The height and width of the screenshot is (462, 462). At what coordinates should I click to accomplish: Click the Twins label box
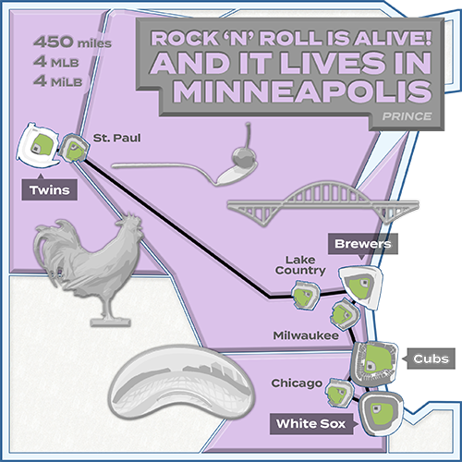[46, 191]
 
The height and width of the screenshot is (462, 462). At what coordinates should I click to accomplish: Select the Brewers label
[364, 245]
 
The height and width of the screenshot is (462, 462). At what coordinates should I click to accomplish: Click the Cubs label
[430, 359]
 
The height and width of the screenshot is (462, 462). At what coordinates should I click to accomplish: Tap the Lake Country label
[302, 264]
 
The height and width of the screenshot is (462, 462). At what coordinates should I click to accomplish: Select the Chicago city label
[297, 383]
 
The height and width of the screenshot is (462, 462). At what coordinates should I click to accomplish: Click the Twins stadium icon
[41, 142]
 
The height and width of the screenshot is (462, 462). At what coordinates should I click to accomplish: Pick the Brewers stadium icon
[360, 284]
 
